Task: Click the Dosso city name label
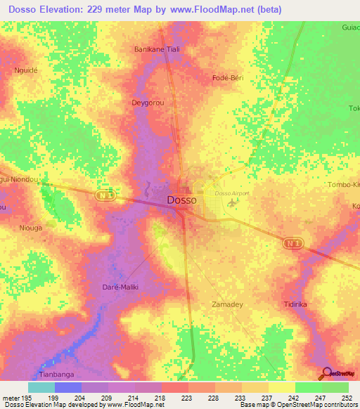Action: coord(182,200)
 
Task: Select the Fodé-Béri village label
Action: coord(228,78)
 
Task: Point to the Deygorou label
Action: coord(148,103)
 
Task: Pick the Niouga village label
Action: coord(31,228)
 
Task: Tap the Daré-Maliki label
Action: coord(123,287)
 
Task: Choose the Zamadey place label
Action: coord(227,304)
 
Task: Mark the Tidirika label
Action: coord(296,304)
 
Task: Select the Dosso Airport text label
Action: coord(232,193)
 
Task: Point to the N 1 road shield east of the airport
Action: coord(294,242)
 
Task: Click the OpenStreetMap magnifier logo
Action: coord(328,372)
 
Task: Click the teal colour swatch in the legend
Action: coord(41,387)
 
